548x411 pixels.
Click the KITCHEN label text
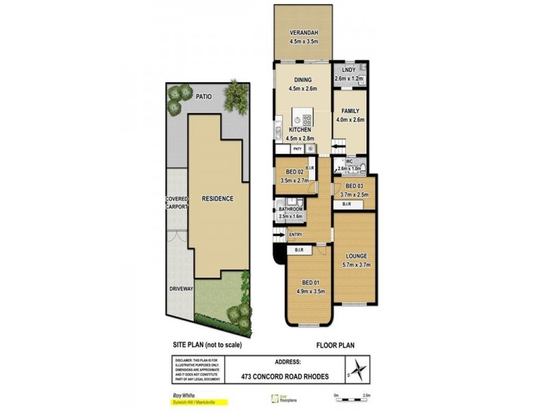point(300,129)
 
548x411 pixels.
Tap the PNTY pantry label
point(297,149)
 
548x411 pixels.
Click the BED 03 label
point(354,186)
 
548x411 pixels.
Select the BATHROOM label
point(290,209)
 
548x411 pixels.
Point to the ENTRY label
point(295,235)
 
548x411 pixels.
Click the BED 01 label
point(311,283)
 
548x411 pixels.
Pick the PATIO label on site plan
point(203,97)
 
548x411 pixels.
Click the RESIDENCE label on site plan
point(217,199)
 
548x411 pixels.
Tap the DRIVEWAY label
point(182,289)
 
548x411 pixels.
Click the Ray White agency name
point(182,394)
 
